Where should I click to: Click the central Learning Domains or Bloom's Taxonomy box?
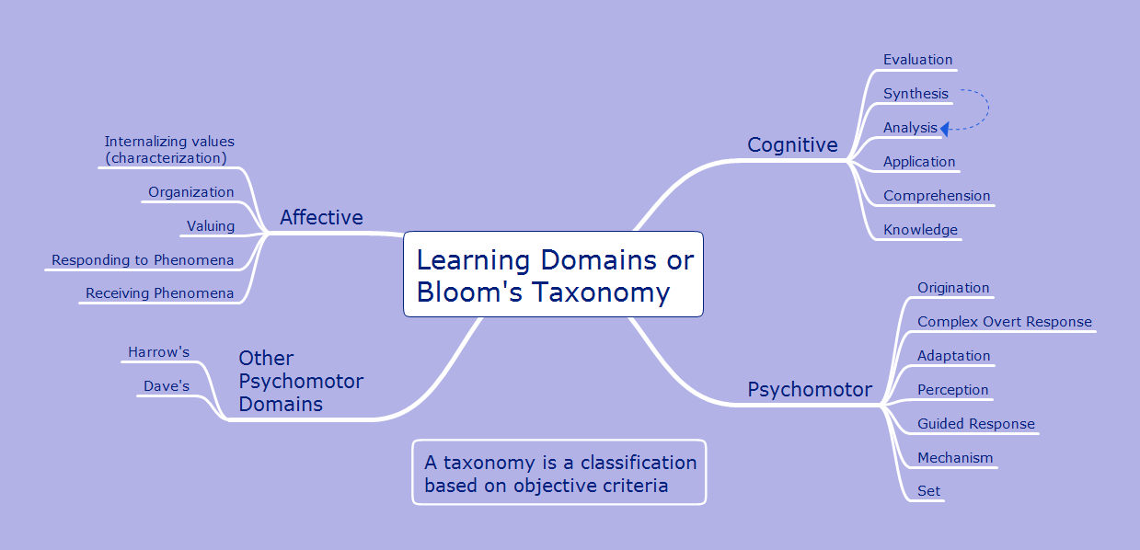click(x=553, y=275)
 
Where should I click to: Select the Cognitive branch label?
click(x=792, y=145)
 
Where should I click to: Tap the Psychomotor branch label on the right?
click(x=809, y=390)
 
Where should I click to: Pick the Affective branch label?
click(x=321, y=218)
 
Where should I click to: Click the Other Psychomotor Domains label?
click(x=301, y=381)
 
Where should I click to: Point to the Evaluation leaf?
click(x=917, y=61)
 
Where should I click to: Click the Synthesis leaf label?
click(x=915, y=94)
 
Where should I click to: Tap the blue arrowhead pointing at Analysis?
click(x=945, y=129)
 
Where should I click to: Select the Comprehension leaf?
click(x=937, y=196)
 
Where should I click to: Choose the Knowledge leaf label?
click(x=920, y=230)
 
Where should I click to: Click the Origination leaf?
click(x=953, y=288)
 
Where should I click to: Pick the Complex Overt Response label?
click(x=1005, y=322)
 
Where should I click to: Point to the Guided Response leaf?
click(x=976, y=424)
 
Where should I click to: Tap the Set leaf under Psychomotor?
click(x=929, y=491)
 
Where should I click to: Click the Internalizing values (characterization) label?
click(x=169, y=150)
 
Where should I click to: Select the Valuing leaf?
click(x=211, y=226)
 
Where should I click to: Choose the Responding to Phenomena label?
click(x=143, y=260)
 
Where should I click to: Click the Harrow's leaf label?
click(x=158, y=352)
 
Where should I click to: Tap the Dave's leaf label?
click(x=167, y=386)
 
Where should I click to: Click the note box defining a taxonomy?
click(x=559, y=473)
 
